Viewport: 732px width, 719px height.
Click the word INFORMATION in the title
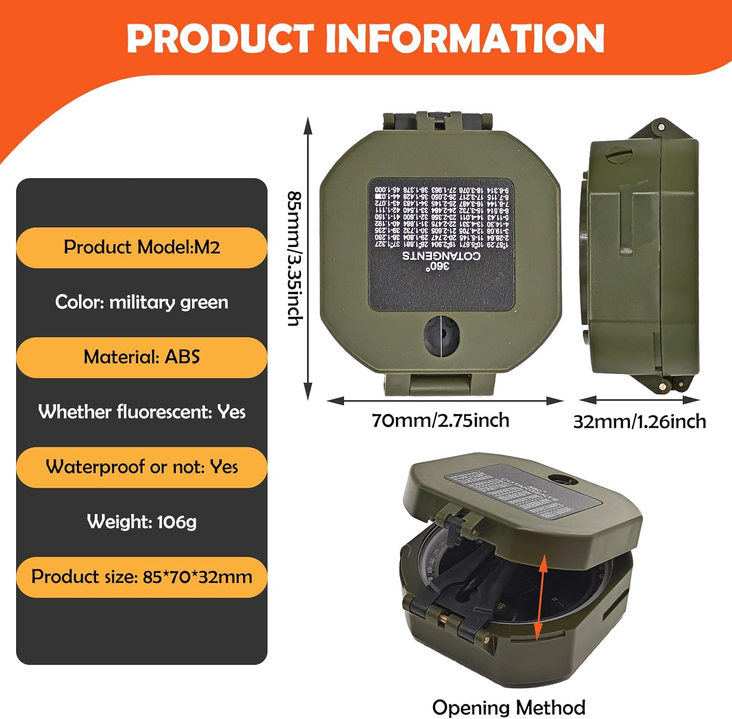465,39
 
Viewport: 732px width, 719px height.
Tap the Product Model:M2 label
142,247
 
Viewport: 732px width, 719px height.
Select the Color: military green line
142,302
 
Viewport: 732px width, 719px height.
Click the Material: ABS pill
142,357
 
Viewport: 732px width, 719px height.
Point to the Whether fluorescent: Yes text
142,412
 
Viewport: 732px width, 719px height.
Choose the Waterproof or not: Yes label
142,467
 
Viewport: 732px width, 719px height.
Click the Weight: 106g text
142,522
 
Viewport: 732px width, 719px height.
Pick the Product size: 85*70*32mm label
142,577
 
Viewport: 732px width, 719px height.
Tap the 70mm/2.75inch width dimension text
440,420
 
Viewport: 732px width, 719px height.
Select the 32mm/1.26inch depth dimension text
639,421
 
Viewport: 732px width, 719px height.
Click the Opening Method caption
508,707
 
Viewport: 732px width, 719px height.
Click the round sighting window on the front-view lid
441,335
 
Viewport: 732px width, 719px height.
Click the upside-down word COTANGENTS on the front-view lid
441,256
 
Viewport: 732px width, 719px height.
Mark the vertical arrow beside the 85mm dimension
308,258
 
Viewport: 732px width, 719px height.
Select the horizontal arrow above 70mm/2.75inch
445,401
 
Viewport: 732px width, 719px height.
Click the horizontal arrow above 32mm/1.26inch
640,400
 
